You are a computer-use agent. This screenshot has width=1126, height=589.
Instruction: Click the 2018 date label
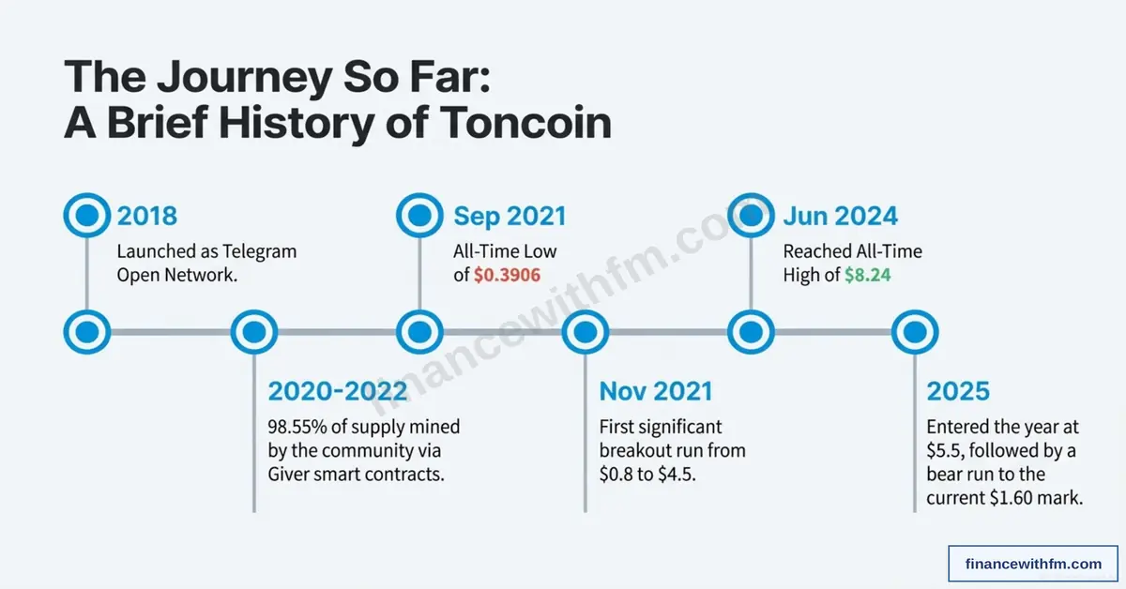(146, 217)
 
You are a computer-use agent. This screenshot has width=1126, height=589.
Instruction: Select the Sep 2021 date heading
(510, 217)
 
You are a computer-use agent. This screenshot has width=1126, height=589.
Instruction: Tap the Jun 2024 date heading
(840, 217)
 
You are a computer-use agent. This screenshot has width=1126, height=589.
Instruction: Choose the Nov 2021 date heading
(656, 391)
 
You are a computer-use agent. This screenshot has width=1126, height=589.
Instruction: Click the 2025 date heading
(957, 391)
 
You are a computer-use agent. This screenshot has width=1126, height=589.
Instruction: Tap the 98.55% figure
(299, 427)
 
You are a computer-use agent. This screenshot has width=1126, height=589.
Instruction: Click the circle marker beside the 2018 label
(86, 216)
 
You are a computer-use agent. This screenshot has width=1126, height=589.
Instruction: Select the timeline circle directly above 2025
(914, 331)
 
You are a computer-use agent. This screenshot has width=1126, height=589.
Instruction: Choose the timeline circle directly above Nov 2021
(586, 331)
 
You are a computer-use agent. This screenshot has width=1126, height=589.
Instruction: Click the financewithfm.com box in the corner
(1033, 564)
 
